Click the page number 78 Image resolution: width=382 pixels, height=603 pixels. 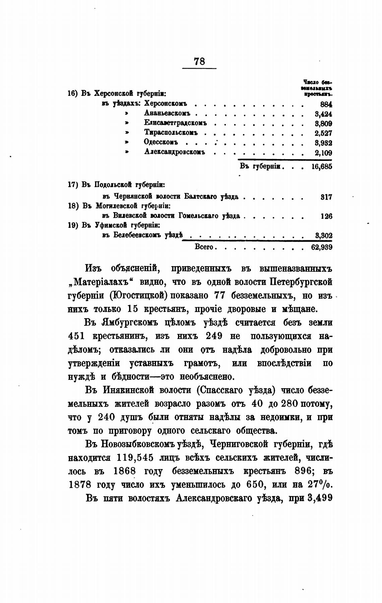[199, 61]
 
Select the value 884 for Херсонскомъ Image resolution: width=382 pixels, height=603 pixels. [326, 104]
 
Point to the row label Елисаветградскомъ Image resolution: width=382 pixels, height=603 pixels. [175, 123]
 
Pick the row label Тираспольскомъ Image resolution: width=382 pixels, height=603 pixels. [171, 133]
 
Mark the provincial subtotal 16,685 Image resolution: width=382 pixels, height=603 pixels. [322, 167]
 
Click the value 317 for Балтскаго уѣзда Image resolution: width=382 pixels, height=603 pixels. [326, 197]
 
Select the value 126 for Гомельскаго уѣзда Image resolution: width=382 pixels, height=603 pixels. [326, 217]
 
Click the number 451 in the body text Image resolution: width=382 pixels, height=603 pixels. [76, 336]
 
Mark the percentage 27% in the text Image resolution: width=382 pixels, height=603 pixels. [319, 485]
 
